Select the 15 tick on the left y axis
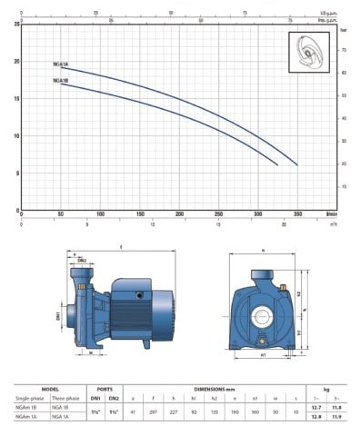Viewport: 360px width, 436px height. coord(15,98)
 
